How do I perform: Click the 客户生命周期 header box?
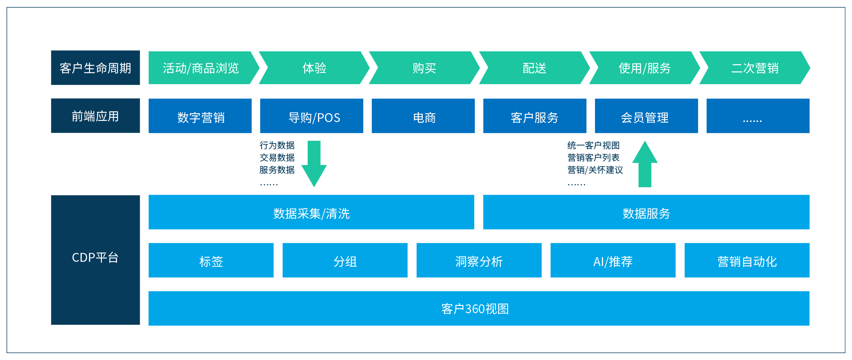tap(95, 68)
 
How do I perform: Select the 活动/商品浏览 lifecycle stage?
tap(200, 68)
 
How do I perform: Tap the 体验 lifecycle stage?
tap(314, 68)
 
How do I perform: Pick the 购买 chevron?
tap(424, 68)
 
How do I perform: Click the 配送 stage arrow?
tap(534, 68)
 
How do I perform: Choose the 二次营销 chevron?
tap(755, 68)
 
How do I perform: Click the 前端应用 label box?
tap(95, 116)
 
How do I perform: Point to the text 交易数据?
tap(277, 158)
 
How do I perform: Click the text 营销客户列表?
tap(593, 158)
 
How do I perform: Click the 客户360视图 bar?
tap(479, 308)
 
